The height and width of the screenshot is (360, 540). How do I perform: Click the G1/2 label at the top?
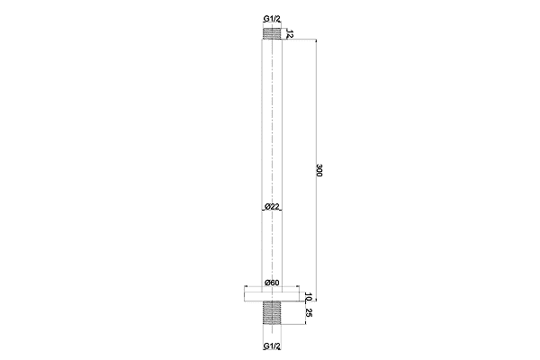tap(271, 17)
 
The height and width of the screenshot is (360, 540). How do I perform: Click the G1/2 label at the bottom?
tap(271, 346)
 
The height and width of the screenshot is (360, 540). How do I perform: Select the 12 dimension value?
tap(291, 33)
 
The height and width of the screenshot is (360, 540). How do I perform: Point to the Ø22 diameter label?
tap(272, 207)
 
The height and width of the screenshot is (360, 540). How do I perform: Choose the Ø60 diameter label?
tap(272, 283)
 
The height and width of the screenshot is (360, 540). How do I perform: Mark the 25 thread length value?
tap(307, 312)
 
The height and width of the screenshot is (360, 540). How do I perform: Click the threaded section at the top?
tap(271, 33)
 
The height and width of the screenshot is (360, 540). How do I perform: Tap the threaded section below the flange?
tap(271, 312)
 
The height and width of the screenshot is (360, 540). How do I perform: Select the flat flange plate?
tap(271, 294)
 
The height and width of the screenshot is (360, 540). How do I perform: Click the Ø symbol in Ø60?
tap(266, 283)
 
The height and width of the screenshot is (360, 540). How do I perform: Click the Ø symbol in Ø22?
tap(266, 207)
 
